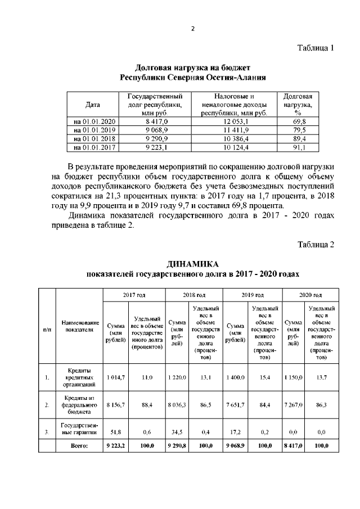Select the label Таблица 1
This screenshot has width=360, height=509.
tap(316, 48)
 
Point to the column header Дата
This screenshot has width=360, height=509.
tap(93, 105)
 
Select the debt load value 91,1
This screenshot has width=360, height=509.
tap(299, 148)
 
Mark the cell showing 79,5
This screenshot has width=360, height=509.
tap(299, 130)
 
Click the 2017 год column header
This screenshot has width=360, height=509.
tap(134, 294)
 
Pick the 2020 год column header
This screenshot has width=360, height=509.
tap(310, 294)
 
